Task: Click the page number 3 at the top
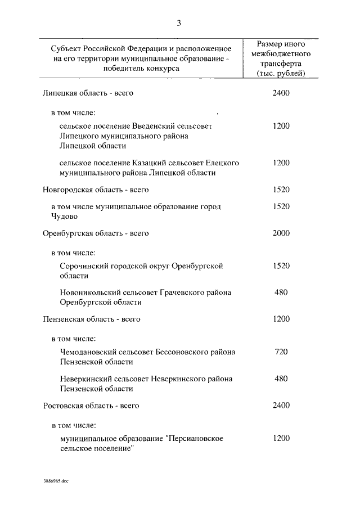pos(179,23)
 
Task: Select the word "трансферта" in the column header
pos(280,64)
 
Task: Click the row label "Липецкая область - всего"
pos(88,93)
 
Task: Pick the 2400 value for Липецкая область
pos(280,93)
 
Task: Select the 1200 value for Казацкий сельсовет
pos(280,163)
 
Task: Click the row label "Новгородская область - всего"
pos(96,190)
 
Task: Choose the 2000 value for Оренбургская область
pos(280,232)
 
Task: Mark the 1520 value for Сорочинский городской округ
pos(280,265)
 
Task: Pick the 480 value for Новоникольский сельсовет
pos(280,292)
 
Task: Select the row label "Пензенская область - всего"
pos(91,319)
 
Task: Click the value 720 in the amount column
pos(280,352)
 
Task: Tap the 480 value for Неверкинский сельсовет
pos(280,379)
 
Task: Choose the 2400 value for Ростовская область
pos(280,405)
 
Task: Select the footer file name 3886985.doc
pos(55,481)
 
